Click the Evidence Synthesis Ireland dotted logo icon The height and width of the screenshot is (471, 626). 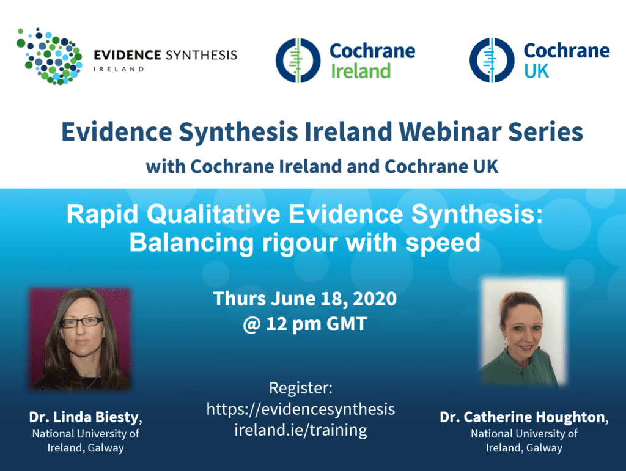(50, 56)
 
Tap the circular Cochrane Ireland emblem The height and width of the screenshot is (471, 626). (298, 60)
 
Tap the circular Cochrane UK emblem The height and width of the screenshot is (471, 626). (492, 60)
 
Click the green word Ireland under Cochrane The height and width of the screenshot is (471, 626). (361, 71)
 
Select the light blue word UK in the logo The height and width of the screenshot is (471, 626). (536, 71)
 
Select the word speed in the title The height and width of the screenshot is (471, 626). (443, 244)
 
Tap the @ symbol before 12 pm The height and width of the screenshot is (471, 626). (251, 324)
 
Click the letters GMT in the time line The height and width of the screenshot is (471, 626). (346, 324)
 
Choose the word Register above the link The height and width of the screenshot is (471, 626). (300, 388)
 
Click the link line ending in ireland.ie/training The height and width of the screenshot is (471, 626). (301, 430)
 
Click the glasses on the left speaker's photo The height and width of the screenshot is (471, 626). (82, 322)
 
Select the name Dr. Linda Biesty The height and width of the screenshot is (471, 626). (86, 417)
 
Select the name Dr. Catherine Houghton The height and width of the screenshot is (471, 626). (524, 417)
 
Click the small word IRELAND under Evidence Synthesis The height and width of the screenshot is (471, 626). (119, 69)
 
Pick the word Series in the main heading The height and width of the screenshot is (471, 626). (545, 131)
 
